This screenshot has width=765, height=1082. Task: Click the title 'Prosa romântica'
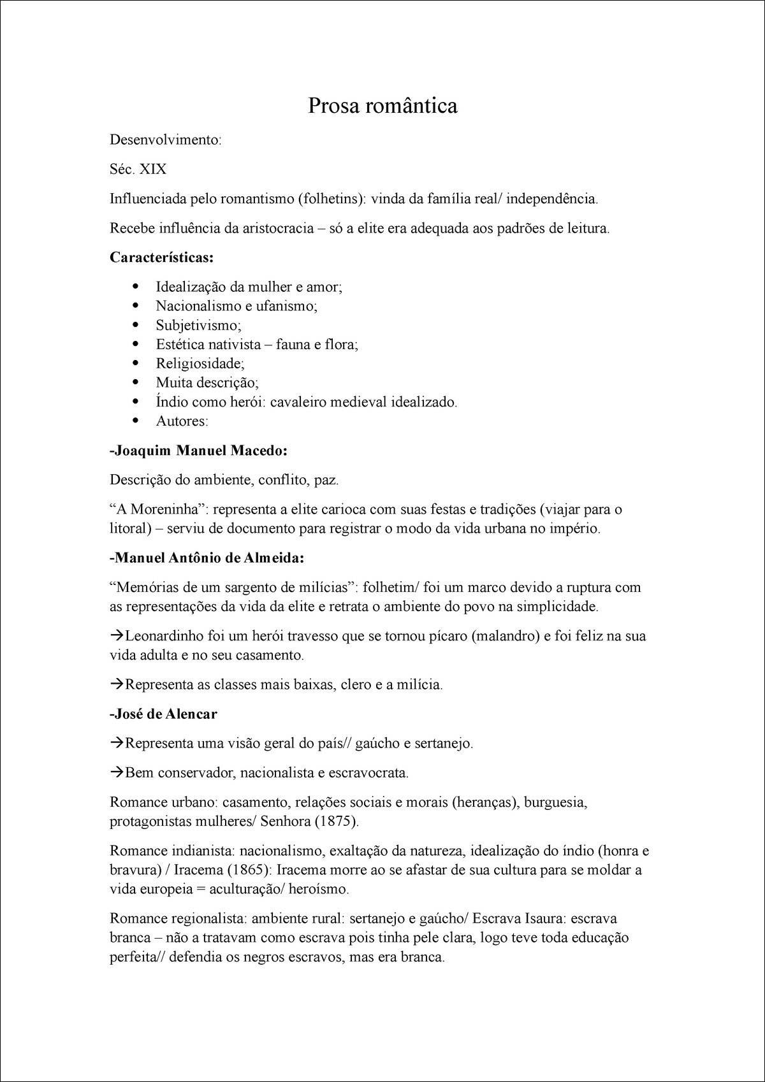382,106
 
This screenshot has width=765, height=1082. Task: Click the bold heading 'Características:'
162,257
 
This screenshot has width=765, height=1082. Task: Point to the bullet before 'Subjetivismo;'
135,326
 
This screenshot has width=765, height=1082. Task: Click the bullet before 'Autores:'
135,421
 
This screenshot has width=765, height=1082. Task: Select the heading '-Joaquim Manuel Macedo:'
199,451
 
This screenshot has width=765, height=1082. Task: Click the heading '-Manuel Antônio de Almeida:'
207,558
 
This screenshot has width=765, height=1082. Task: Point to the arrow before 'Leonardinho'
117,636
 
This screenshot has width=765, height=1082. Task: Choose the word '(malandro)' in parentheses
506,636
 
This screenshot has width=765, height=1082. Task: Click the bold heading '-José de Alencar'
163,714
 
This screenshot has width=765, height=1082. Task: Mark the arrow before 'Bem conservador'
117,773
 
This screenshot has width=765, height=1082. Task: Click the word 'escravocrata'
368,774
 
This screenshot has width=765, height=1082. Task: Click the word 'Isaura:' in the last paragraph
545,919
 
